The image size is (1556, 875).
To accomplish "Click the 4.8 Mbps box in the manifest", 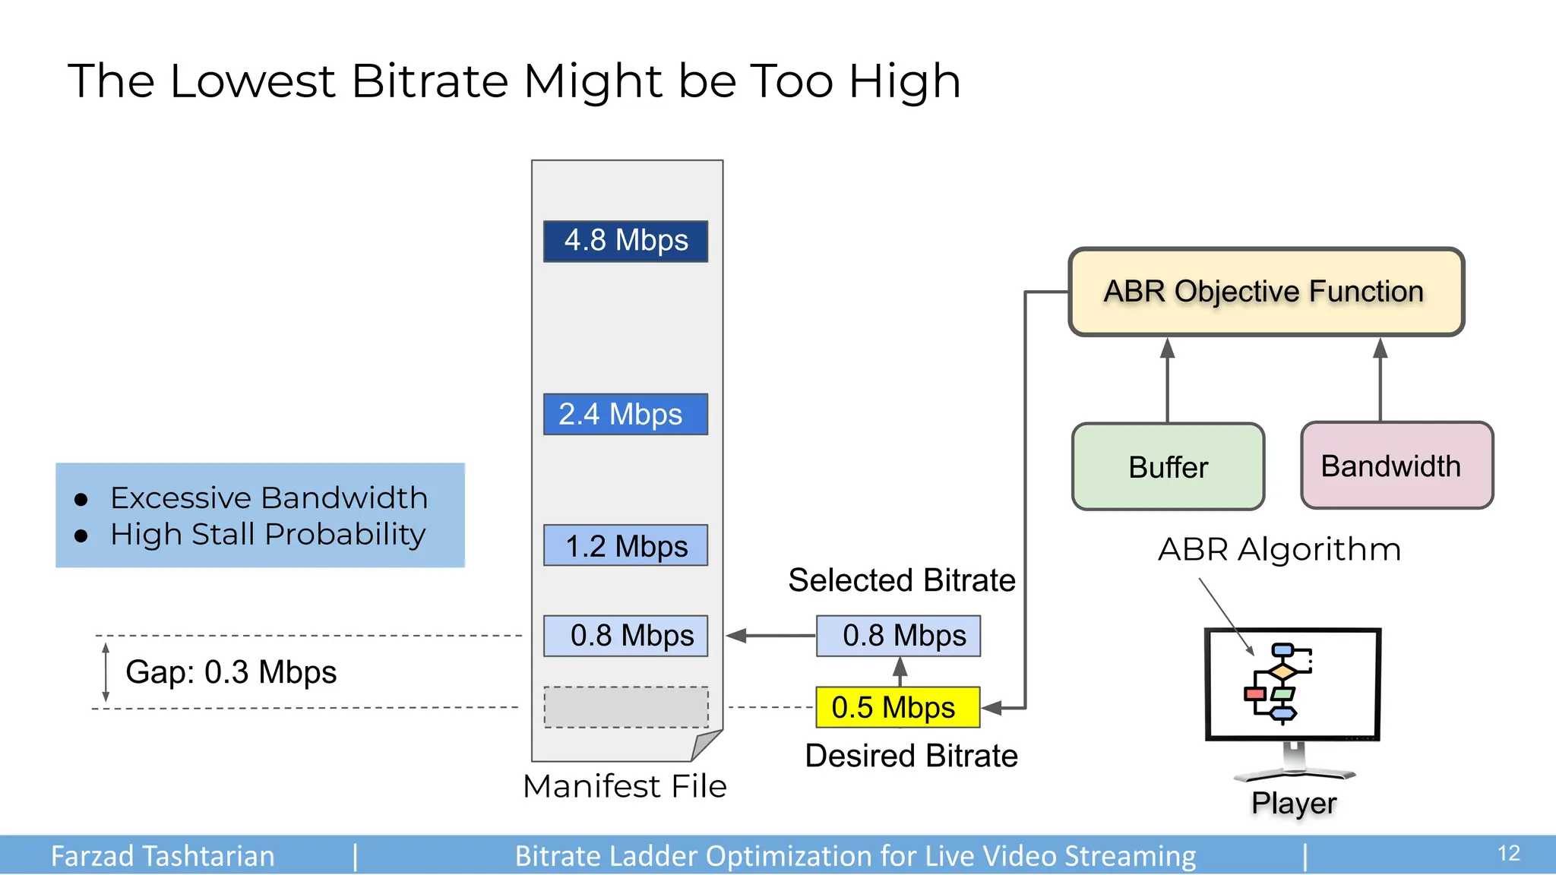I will [x=625, y=242].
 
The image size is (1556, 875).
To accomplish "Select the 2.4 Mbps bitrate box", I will [x=625, y=414].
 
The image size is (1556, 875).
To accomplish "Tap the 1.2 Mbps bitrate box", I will [x=625, y=545].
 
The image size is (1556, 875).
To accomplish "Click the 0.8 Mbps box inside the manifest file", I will [x=625, y=636].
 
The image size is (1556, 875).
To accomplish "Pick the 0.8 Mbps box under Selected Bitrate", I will [x=898, y=636].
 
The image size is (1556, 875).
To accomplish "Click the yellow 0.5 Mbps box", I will [x=898, y=707].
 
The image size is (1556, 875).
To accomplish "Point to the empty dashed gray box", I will [x=626, y=707].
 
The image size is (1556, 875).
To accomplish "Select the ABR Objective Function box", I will [x=1266, y=292].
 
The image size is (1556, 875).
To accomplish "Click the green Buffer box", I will [x=1168, y=466].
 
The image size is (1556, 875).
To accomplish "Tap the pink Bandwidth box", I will [x=1396, y=466].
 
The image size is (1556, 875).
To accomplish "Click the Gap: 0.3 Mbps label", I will [x=231, y=672].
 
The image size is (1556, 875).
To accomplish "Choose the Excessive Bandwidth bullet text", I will [x=269, y=498].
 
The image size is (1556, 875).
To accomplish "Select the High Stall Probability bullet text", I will [x=267, y=535].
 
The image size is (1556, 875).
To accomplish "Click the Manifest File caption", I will [x=625, y=786].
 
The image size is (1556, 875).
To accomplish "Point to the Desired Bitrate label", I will [x=911, y=756].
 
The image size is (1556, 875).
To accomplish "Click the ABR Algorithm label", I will [x=1279, y=549].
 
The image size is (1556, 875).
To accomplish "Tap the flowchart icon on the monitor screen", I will [x=1279, y=681].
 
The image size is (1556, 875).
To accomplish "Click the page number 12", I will [x=1508, y=853].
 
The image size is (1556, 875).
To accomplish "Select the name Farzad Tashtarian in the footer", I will [x=163, y=856].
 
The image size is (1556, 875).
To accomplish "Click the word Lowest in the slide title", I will [x=252, y=81].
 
